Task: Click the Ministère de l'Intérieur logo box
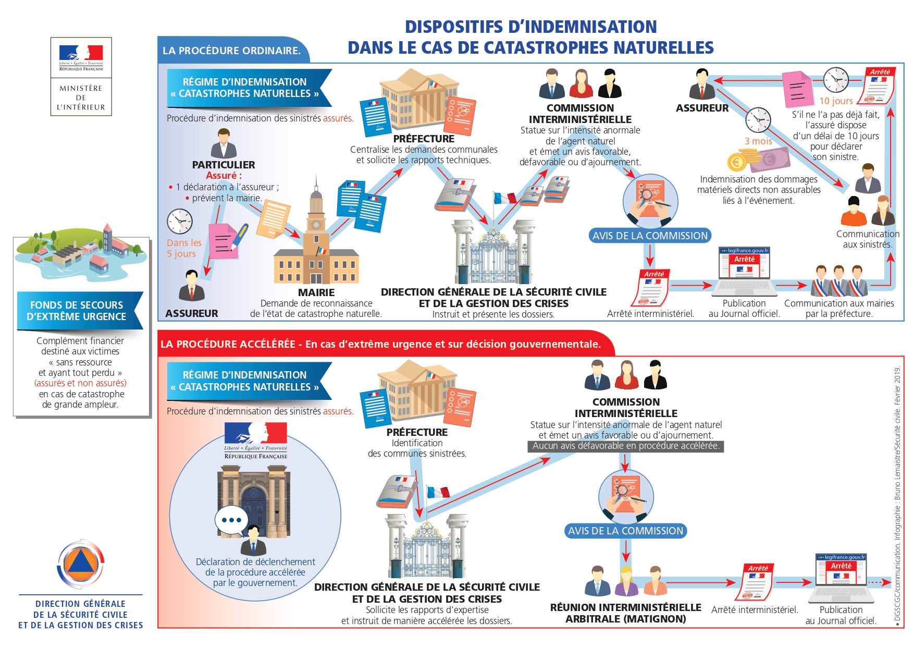(x=81, y=76)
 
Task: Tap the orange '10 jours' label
(x=836, y=101)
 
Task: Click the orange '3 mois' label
(x=758, y=141)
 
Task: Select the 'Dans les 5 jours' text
(x=183, y=248)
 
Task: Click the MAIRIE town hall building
(x=316, y=245)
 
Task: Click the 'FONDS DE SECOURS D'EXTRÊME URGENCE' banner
(x=78, y=311)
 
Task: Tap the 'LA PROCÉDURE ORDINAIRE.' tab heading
(x=231, y=51)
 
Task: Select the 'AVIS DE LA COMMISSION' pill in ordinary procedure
(x=650, y=236)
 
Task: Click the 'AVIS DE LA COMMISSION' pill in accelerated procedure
(x=625, y=531)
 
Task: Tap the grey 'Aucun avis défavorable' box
(x=625, y=446)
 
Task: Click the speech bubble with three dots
(x=231, y=520)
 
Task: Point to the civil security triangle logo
(x=81, y=565)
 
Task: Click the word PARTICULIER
(x=224, y=165)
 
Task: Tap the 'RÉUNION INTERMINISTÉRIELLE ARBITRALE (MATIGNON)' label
(x=625, y=613)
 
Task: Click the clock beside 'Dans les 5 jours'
(x=180, y=222)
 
